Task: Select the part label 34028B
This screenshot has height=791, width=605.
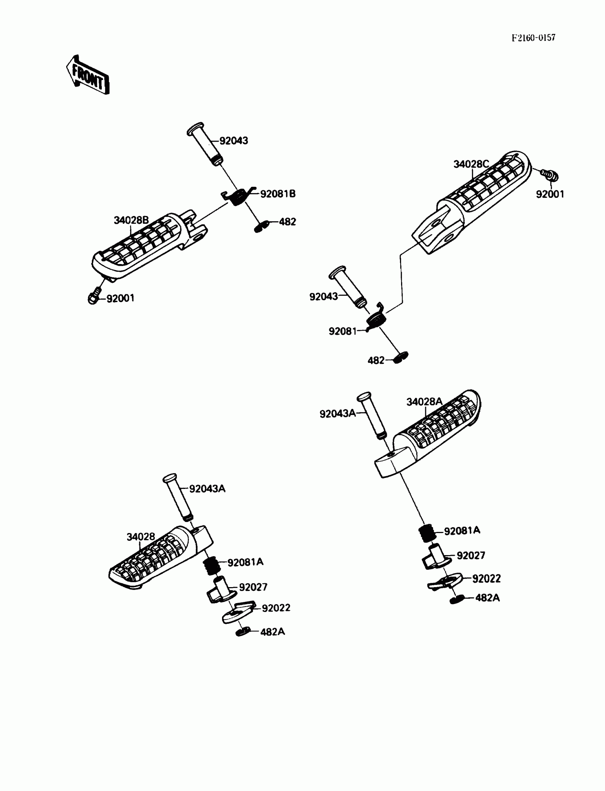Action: tap(131, 220)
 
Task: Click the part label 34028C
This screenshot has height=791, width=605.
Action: tap(471, 164)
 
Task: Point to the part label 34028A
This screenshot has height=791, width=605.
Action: tap(424, 402)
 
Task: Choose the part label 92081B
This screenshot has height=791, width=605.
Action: tap(278, 194)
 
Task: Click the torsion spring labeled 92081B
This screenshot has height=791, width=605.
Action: tap(238, 196)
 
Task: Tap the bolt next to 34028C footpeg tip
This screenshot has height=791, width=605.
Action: tap(549, 175)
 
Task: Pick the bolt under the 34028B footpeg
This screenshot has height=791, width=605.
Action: tap(94, 297)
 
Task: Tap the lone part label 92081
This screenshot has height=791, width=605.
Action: tap(342, 331)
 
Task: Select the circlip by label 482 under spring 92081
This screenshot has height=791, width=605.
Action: tap(401, 358)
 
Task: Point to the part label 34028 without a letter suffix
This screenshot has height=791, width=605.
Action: tap(141, 537)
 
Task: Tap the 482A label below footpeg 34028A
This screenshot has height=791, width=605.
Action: tap(488, 598)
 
